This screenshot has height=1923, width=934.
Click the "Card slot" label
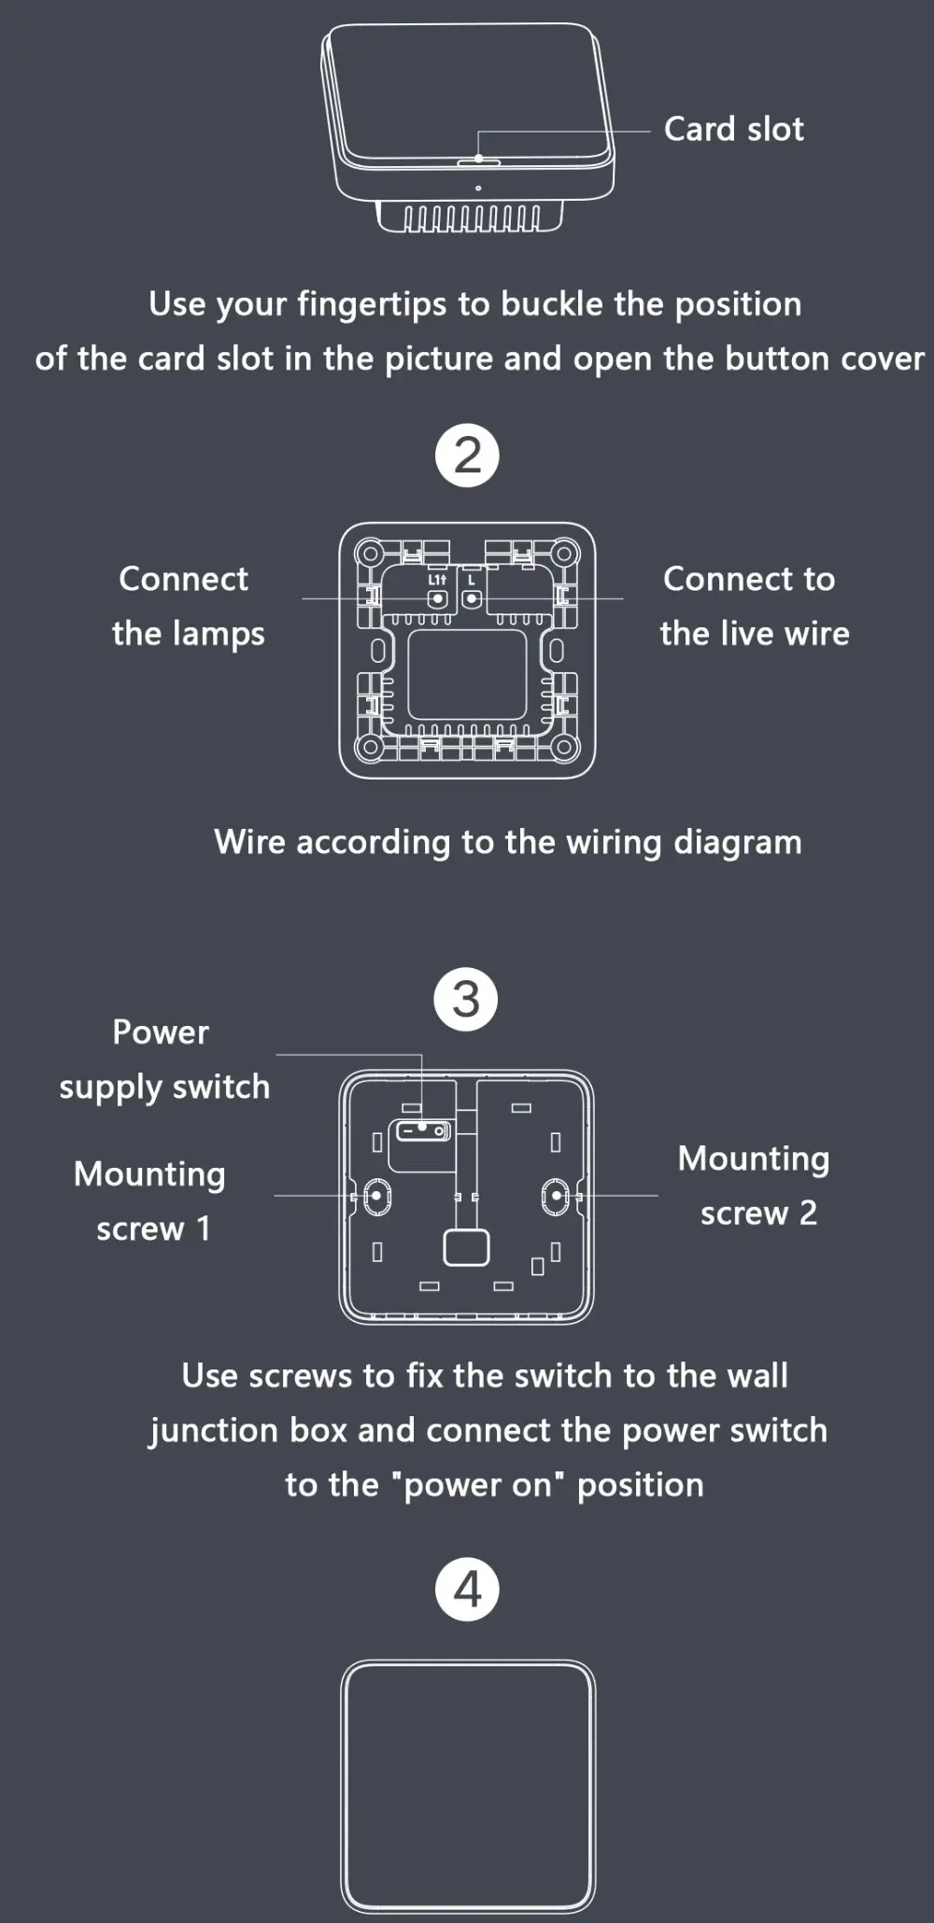click(x=733, y=129)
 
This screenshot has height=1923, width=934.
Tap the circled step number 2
click(x=467, y=456)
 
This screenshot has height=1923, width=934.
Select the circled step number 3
click(x=466, y=1000)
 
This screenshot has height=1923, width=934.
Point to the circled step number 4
click(x=467, y=1589)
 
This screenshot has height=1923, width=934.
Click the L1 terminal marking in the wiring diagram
click(x=436, y=580)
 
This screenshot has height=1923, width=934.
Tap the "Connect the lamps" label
click(x=187, y=606)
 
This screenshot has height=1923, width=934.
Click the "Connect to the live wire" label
click(x=754, y=606)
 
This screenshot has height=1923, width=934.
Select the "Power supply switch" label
click(x=163, y=1060)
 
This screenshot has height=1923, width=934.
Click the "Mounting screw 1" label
click(x=149, y=1200)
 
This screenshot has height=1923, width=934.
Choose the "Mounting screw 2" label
click(x=754, y=1186)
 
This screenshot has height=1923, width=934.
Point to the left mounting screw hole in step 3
click(x=376, y=1196)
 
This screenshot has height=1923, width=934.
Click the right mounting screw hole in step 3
click(x=556, y=1196)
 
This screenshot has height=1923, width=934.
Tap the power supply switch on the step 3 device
click(x=423, y=1131)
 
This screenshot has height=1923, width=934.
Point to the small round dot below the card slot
click(x=478, y=189)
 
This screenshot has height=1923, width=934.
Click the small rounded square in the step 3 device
click(x=466, y=1248)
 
